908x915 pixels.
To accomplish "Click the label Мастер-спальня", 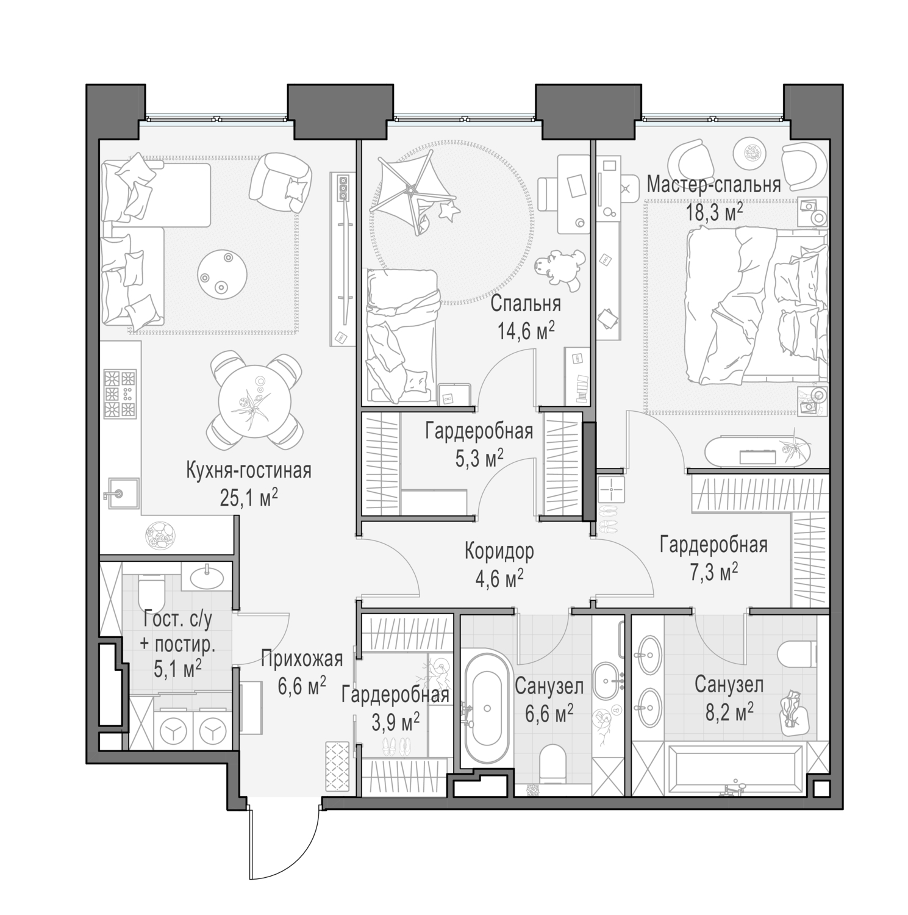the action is [713, 185].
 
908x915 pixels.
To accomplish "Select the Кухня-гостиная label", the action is [249, 471].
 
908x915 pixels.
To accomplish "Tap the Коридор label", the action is [499, 551].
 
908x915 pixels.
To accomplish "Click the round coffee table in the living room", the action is [223, 272].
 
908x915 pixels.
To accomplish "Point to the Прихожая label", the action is [302, 659].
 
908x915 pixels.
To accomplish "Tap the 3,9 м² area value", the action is [395, 722].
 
